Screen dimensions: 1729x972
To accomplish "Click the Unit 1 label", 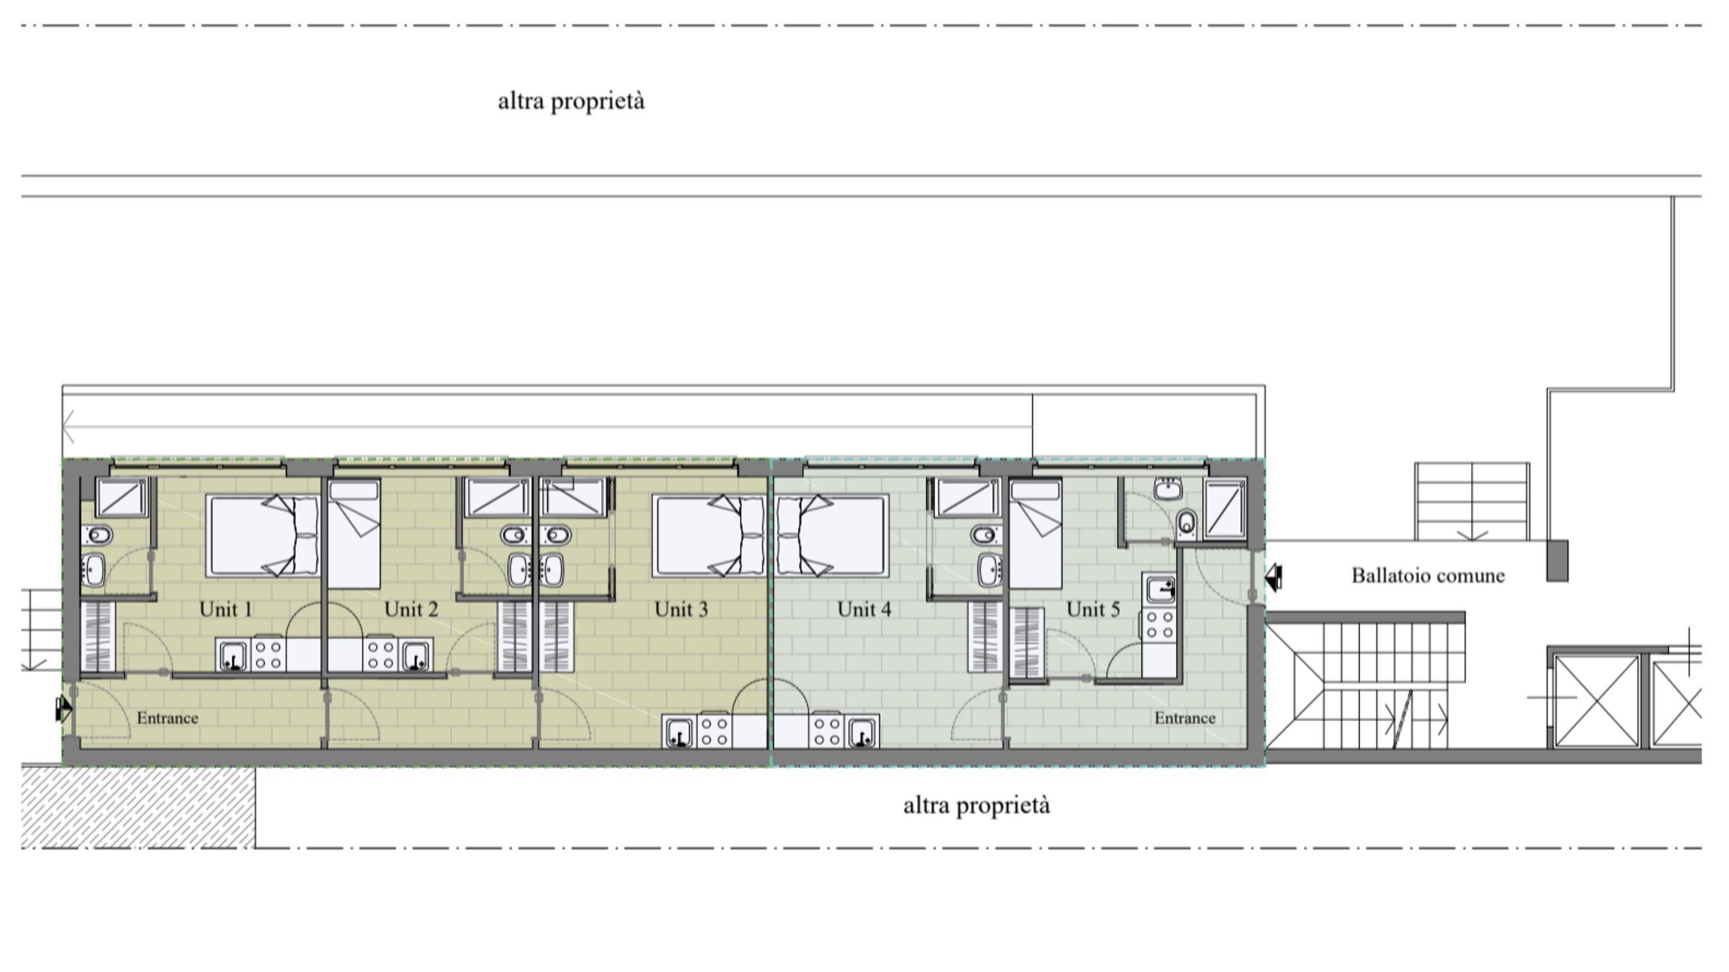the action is (x=226, y=609).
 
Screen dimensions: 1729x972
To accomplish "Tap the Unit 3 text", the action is (x=681, y=609).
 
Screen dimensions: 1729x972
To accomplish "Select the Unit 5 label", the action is (x=1094, y=609).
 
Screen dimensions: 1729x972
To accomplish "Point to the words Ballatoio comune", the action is (x=1428, y=575).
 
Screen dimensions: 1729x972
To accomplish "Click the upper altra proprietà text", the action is (x=571, y=101).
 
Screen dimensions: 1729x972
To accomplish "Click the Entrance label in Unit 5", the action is (x=1184, y=718).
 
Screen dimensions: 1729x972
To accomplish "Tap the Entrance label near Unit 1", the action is (x=167, y=718).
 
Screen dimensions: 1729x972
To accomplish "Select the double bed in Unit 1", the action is (x=263, y=536).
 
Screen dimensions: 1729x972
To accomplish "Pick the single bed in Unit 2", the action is (x=354, y=534).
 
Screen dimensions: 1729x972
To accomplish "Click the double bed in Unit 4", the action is (x=832, y=536).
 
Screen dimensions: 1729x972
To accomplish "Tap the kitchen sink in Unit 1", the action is (x=233, y=655).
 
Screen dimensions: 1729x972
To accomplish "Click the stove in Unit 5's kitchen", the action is (x=1159, y=624).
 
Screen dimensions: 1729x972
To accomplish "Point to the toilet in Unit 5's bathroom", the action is (x=1186, y=521).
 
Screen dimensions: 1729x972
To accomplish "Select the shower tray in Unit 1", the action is (x=121, y=497).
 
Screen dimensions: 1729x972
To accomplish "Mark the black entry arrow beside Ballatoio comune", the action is (x=1273, y=577).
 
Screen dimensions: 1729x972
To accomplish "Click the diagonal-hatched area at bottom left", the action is (x=137, y=807).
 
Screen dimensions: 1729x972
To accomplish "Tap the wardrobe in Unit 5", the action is (x=1028, y=643).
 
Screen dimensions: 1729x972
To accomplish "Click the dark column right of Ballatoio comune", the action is (x=1557, y=561).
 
